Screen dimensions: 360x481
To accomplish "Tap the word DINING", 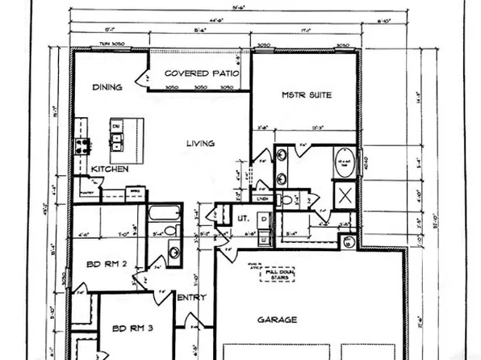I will (x=107, y=87).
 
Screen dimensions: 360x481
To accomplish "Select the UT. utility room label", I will (x=241, y=219).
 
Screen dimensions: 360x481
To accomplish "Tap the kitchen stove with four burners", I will (x=82, y=146).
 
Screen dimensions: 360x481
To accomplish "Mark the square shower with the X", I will (x=344, y=195).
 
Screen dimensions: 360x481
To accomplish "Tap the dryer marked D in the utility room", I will (x=264, y=219).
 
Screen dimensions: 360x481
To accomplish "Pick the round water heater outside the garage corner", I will (x=347, y=241).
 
